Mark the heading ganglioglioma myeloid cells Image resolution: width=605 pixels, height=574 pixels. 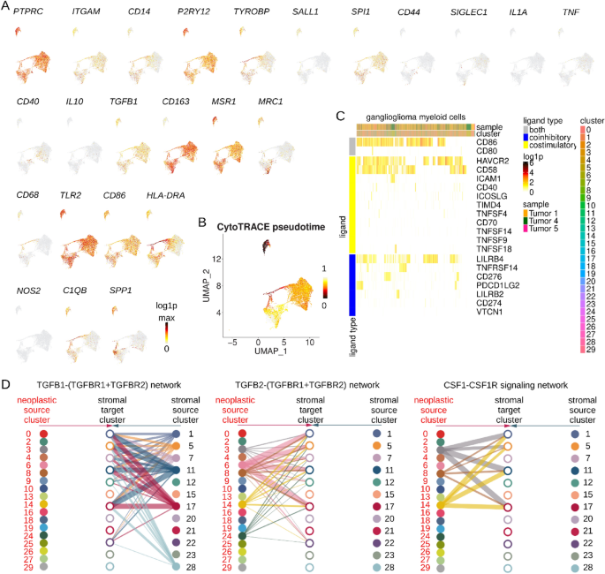410,117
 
